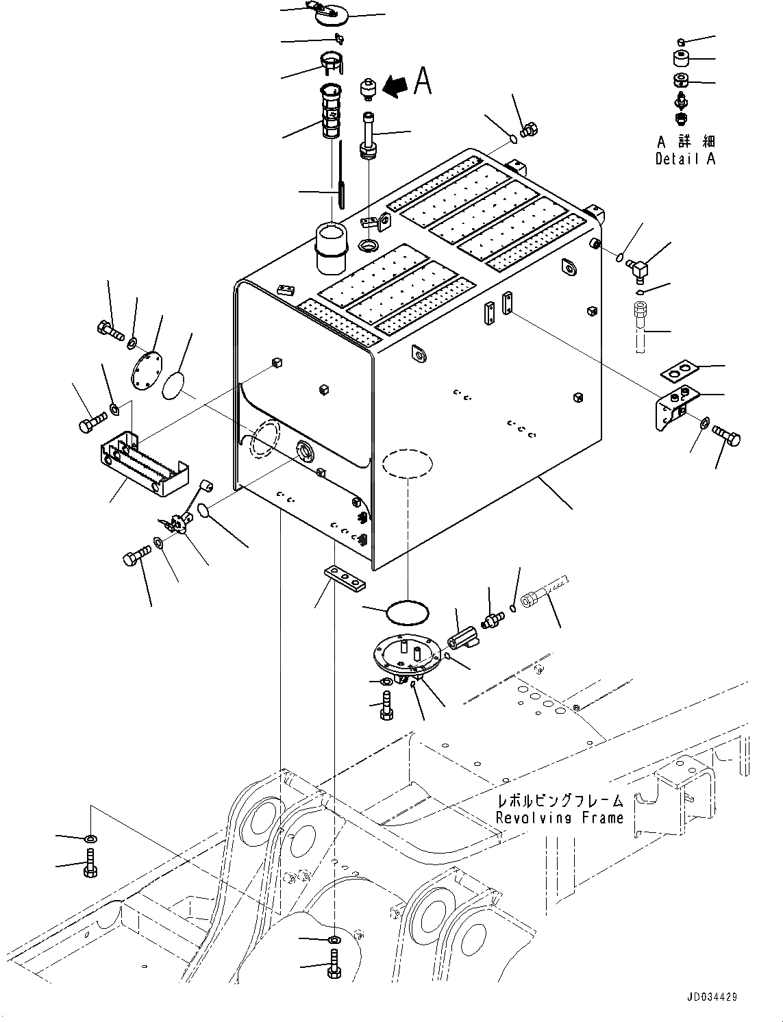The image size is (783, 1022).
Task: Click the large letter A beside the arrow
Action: click(x=423, y=82)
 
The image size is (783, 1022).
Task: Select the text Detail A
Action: click(x=685, y=159)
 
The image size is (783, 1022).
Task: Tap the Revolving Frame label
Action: click(x=560, y=817)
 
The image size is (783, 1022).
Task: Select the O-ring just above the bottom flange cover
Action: click(x=406, y=612)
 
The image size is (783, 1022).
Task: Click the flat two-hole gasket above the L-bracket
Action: click(x=679, y=371)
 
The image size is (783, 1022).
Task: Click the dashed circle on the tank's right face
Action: click(x=408, y=463)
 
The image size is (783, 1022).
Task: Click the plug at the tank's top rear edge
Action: click(x=530, y=129)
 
